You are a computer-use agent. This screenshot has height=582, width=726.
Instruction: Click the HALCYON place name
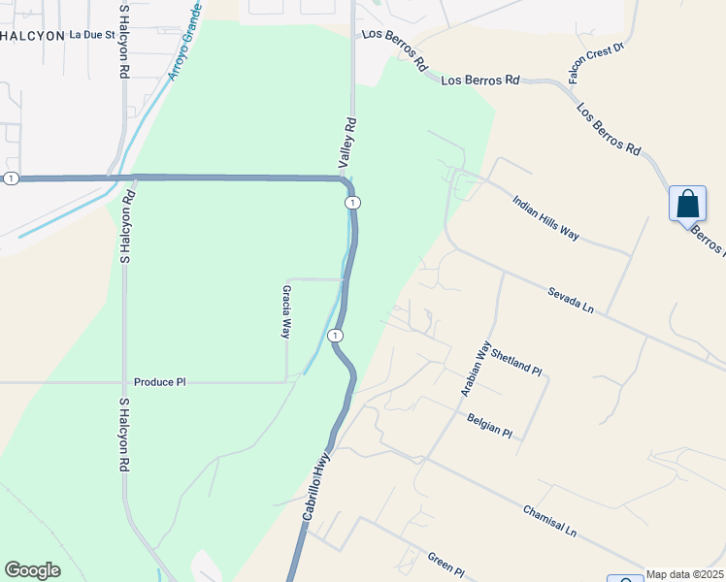(30, 35)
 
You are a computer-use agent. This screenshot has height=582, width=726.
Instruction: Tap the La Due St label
(92, 35)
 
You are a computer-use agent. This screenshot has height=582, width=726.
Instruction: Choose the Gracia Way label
(286, 310)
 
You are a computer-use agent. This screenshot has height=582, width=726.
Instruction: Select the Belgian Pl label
(488, 425)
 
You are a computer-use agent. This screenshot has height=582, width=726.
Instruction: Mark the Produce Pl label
(159, 382)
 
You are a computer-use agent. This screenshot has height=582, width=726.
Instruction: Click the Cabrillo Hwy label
(316, 491)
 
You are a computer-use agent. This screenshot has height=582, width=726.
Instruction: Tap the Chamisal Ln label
(549, 521)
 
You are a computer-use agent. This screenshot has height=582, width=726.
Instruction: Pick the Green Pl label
(446, 563)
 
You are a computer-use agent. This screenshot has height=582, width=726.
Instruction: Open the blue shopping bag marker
(687, 205)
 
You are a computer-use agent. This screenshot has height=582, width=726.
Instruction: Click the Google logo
(32, 570)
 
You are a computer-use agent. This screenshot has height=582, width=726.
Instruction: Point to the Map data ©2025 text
(683, 574)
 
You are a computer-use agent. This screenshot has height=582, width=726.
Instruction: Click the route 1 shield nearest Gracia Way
(335, 335)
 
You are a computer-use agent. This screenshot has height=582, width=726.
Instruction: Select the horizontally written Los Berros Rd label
(479, 81)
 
